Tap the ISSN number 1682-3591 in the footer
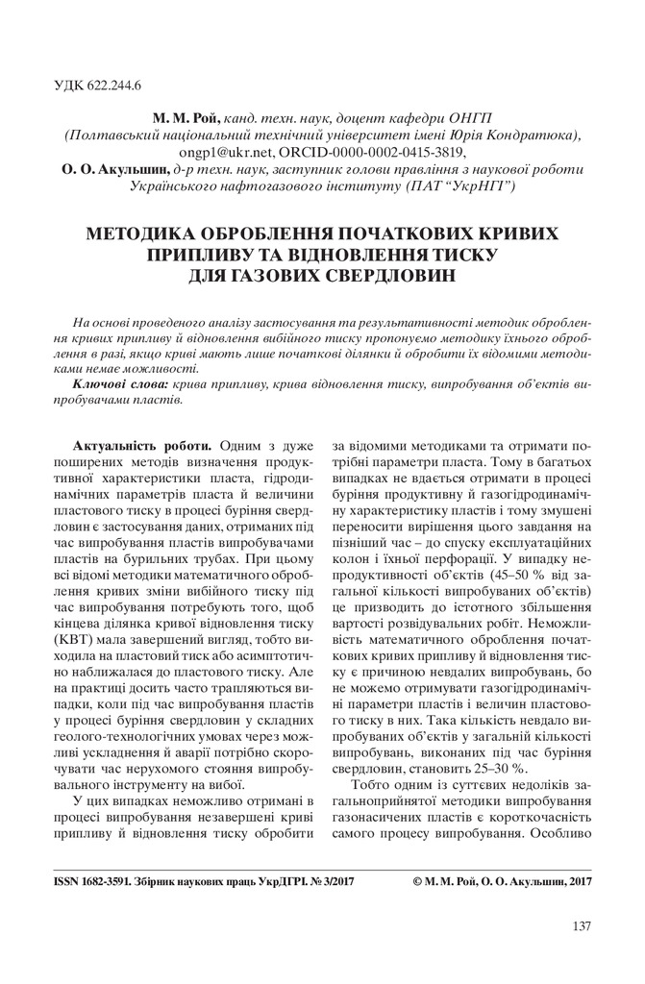pos(93,879)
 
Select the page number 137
pos(582,926)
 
